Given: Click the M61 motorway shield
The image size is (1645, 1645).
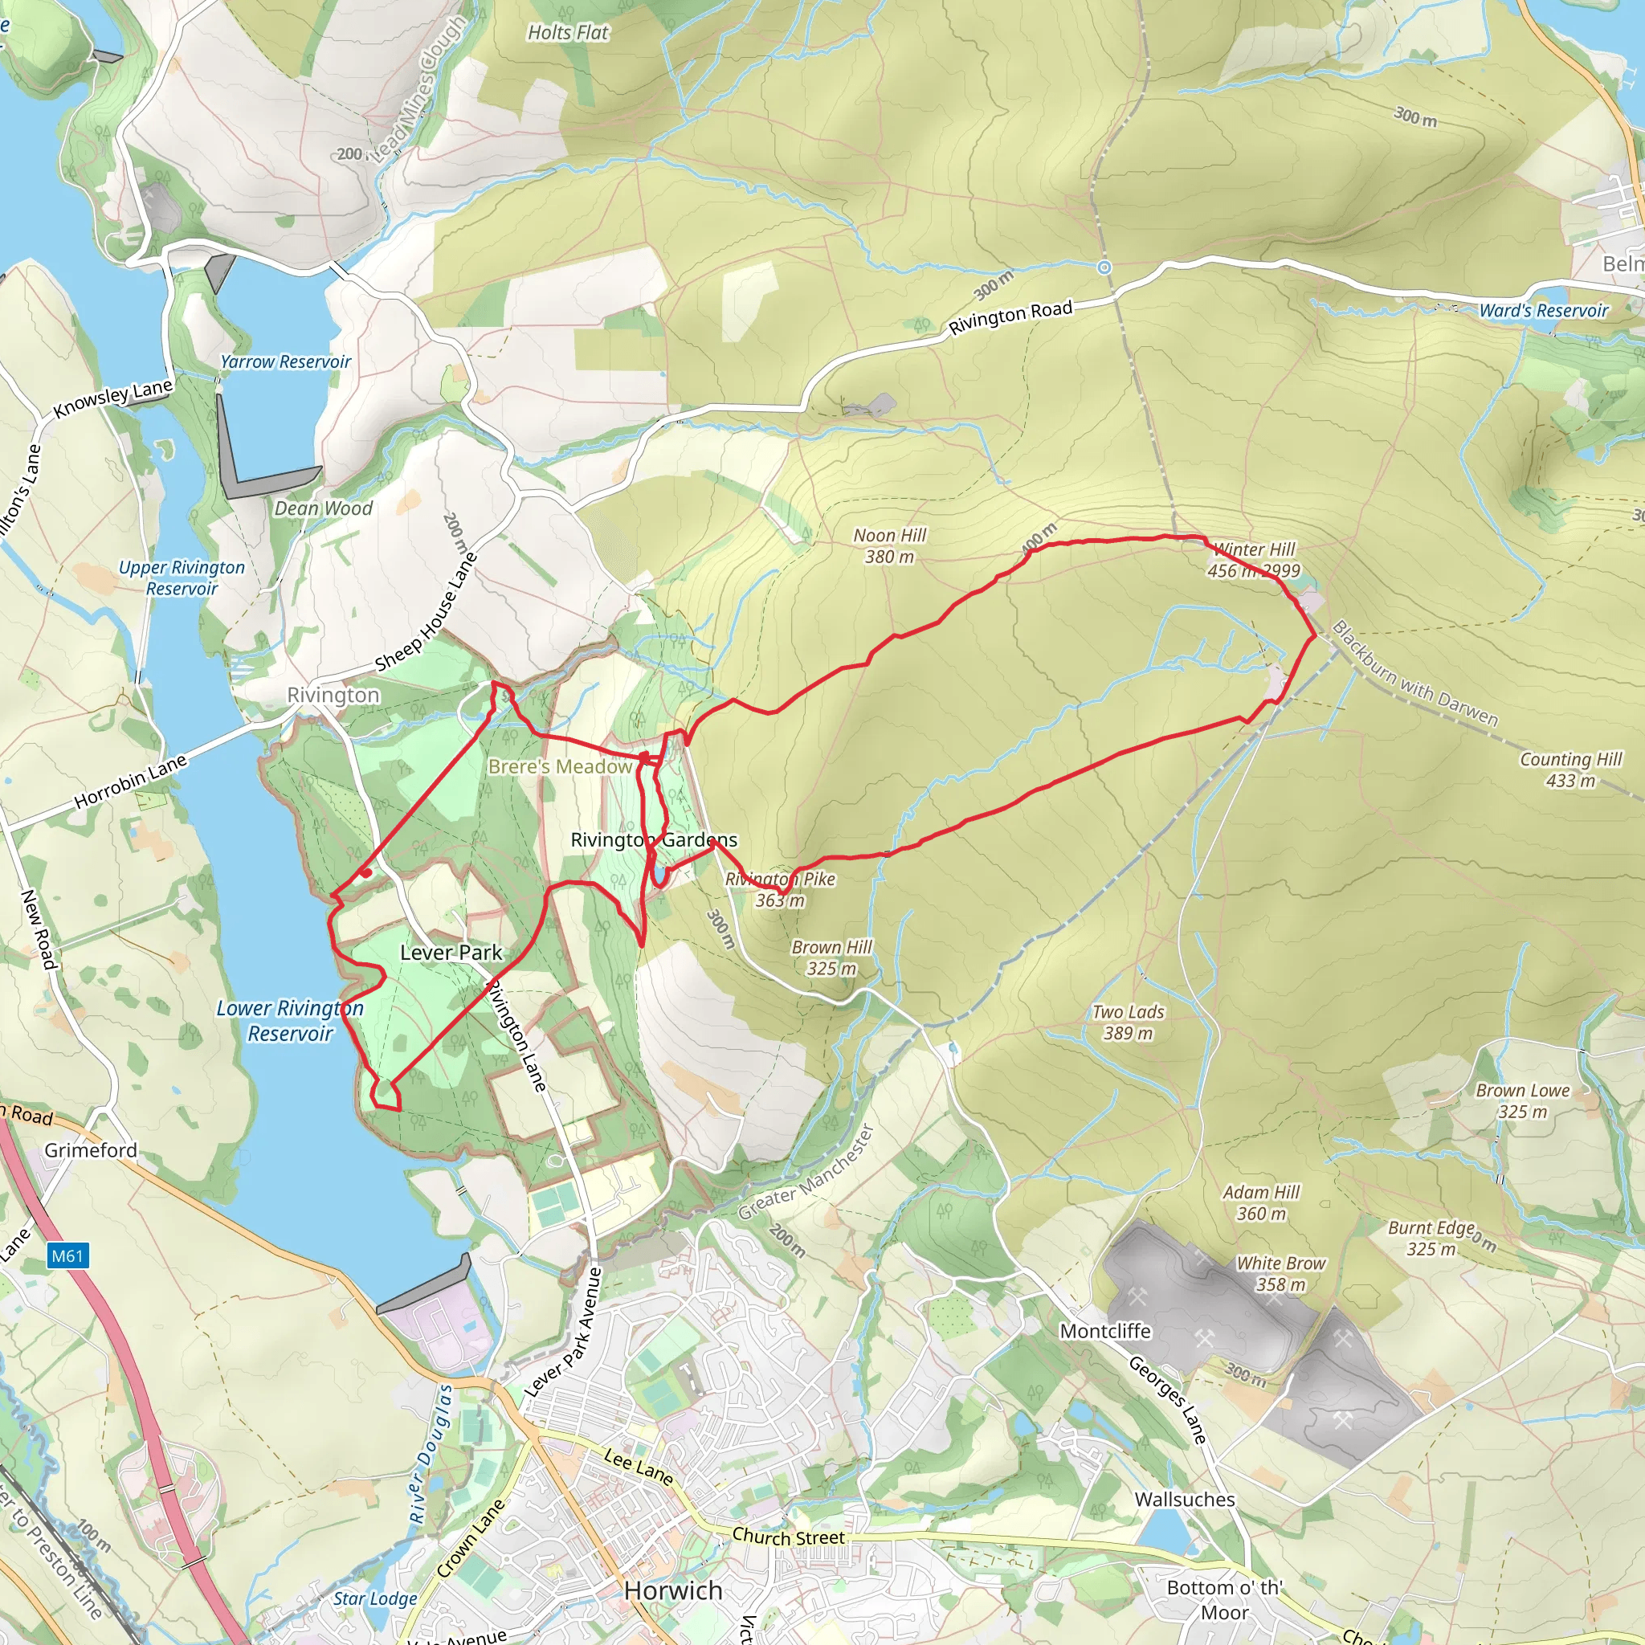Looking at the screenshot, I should pyautogui.click(x=67, y=1255).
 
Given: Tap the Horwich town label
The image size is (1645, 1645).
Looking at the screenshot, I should pyautogui.click(x=672, y=1590).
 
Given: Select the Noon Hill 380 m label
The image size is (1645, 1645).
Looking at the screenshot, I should pyautogui.click(x=889, y=545).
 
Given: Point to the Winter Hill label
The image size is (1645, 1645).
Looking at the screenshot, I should pyautogui.click(x=1253, y=550).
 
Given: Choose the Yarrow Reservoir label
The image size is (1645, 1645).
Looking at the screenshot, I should pyautogui.click(x=285, y=362).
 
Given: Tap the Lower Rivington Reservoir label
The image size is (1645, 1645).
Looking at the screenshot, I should pyautogui.click(x=289, y=1020).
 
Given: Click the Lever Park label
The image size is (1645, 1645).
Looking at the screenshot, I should pyautogui.click(x=451, y=953).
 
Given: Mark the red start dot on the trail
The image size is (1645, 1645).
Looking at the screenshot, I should pyautogui.click(x=366, y=871).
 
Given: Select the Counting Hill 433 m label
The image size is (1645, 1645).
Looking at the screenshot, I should pyautogui.click(x=1570, y=769).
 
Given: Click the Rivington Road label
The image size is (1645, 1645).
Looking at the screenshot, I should pyautogui.click(x=1010, y=316).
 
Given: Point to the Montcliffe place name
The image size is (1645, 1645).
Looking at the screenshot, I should pyautogui.click(x=1104, y=1331).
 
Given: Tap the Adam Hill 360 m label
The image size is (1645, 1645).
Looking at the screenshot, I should pyautogui.click(x=1260, y=1202).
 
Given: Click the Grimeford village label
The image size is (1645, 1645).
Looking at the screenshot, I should pyautogui.click(x=90, y=1150).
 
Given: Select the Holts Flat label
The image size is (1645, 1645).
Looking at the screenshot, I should pyautogui.click(x=568, y=32).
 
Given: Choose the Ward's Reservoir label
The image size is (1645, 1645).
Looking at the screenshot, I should pyautogui.click(x=1543, y=311).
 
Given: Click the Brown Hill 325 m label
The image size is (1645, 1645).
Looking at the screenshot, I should pyautogui.click(x=831, y=957).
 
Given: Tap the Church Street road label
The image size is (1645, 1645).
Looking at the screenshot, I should pyautogui.click(x=788, y=1537).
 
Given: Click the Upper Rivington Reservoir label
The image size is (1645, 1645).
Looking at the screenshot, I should pyautogui.click(x=182, y=578).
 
